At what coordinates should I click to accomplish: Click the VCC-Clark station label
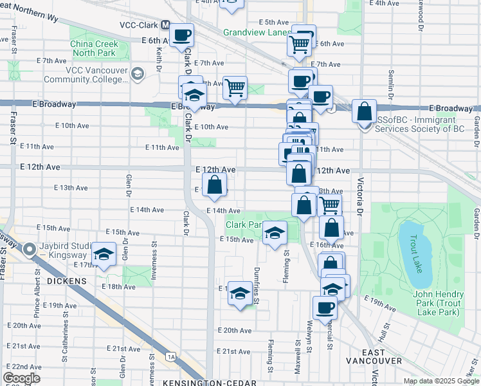139,25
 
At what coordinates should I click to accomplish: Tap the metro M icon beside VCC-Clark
166,25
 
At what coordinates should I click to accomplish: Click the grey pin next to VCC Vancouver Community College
136,75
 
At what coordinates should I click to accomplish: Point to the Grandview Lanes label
256,32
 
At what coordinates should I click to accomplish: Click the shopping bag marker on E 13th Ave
215,186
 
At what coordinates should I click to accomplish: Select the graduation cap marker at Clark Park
275,234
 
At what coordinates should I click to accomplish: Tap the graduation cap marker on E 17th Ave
103,254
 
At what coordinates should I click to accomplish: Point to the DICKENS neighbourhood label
66,281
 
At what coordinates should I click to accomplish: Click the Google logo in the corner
21,378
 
